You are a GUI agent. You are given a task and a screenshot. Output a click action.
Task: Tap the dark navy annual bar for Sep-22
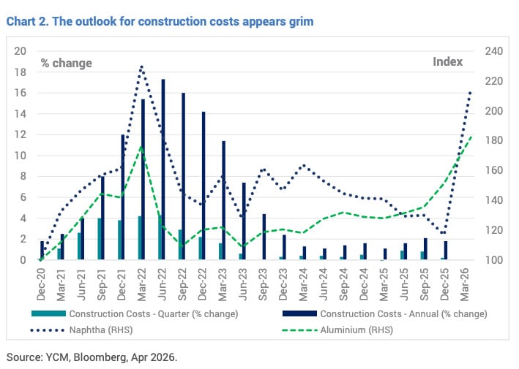tap(183, 176)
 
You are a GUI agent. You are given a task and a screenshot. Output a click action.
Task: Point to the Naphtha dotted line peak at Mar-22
tap(141, 66)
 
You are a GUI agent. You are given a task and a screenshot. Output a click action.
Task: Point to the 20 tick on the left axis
tap(20, 51)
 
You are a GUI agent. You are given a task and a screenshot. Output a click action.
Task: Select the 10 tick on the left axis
tap(20, 156)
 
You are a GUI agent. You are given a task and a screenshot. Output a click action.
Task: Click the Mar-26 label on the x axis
tap(464, 283)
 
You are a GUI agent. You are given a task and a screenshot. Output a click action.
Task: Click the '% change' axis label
tap(67, 63)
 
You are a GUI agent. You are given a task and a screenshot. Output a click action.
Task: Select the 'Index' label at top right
tap(447, 62)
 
